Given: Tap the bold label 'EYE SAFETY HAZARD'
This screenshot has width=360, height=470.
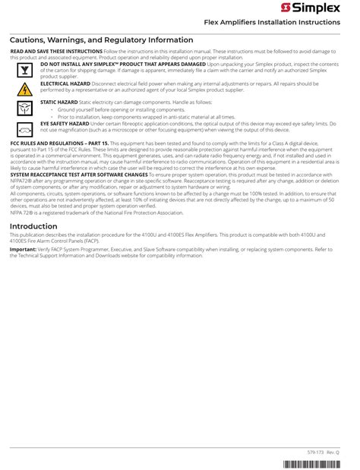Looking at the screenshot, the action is [x=65, y=123].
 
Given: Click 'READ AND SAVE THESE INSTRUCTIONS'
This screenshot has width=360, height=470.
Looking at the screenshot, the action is [x=55, y=51].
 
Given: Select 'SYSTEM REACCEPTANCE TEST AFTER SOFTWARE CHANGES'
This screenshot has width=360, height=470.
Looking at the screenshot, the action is [x=78, y=175].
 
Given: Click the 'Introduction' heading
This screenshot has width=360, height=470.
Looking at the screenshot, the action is [x=33, y=226].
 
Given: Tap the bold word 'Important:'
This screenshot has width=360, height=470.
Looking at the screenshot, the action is [x=23, y=249].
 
